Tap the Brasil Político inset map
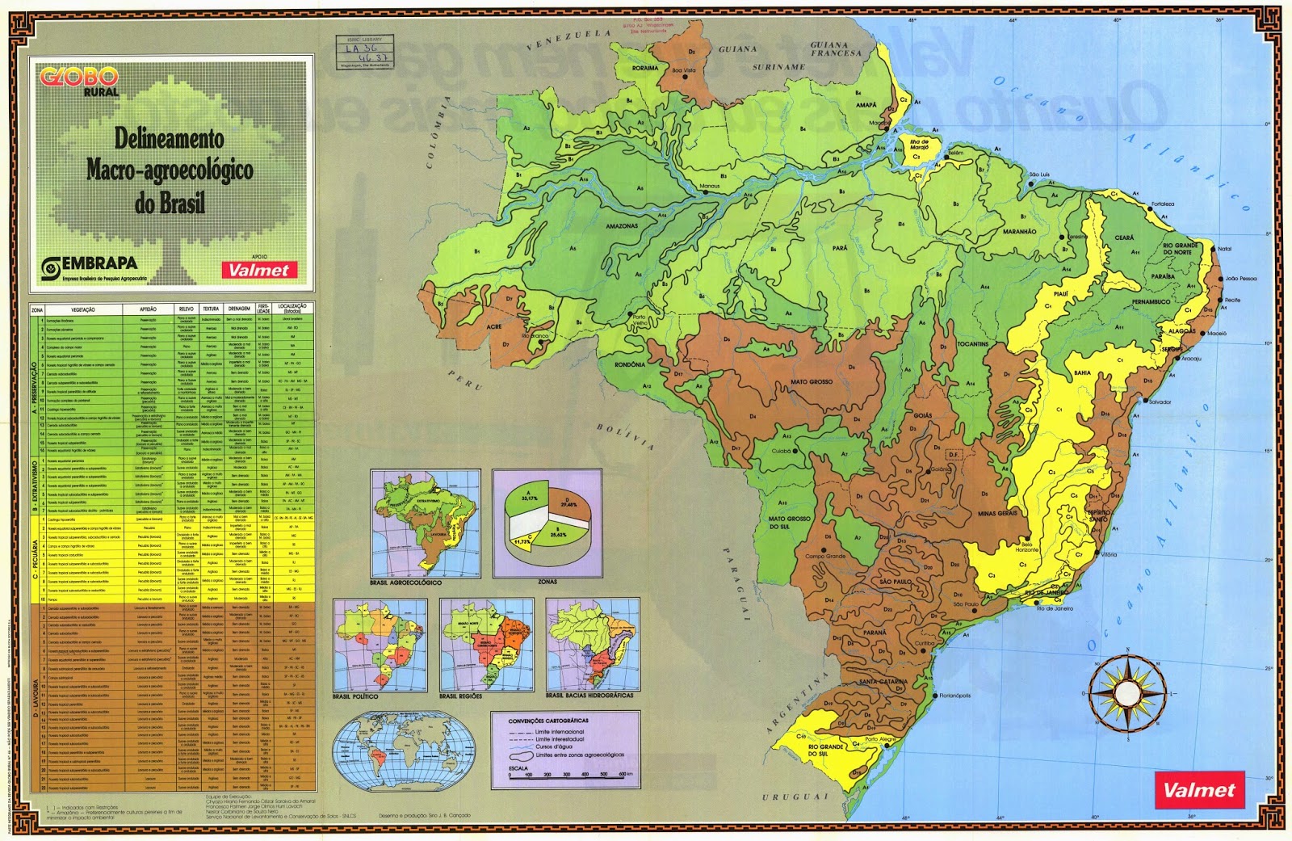(x=380, y=644)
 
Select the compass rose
(x=1127, y=692)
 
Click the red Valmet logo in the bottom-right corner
(x=1199, y=790)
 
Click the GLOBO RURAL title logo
(x=79, y=80)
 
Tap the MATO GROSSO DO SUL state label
(x=789, y=522)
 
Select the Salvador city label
(x=1160, y=402)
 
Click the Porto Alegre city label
(x=881, y=739)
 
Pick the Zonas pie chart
(x=547, y=522)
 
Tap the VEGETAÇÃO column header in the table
(x=82, y=309)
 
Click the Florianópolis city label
(x=955, y=696)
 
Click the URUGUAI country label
(x=795, y=797)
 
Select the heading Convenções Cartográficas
(x=548, y=721)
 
